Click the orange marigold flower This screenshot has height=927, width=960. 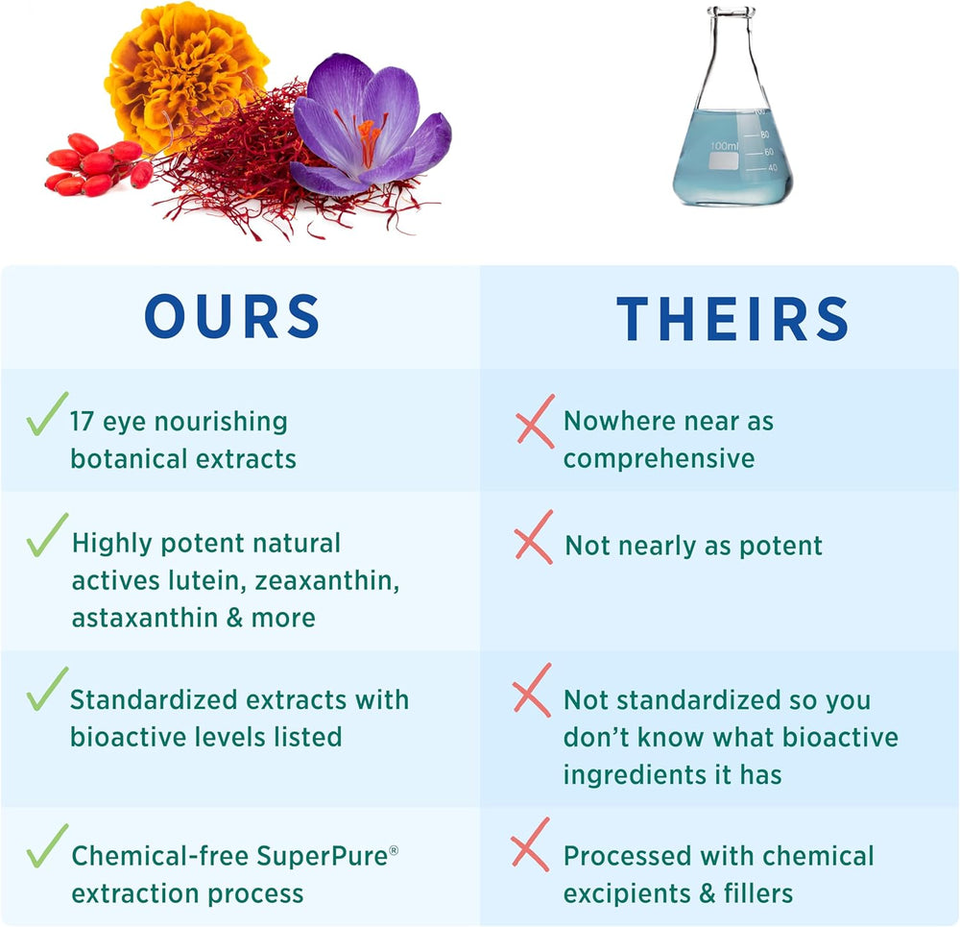[183, 74]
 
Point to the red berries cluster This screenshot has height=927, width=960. [98, 164]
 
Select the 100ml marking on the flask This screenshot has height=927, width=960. [724, 146]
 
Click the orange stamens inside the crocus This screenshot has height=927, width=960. [368, 139]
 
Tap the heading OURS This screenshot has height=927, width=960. [232, 316]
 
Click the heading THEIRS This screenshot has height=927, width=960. [732, 318]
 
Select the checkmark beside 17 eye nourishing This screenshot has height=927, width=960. [46, 414]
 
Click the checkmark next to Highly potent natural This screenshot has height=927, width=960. [46, 535]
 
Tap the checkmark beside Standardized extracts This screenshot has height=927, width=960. [46, 690]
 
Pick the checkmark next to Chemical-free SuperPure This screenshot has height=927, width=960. [46, 846]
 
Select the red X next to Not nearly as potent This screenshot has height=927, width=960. [534, 537]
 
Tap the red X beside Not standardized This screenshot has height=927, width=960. [532, 690]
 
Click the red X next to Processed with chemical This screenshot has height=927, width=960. [530, 844]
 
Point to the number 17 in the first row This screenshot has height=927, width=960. [82, 422]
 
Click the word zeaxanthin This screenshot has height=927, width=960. [327, 581]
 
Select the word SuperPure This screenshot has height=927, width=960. [322, 857]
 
